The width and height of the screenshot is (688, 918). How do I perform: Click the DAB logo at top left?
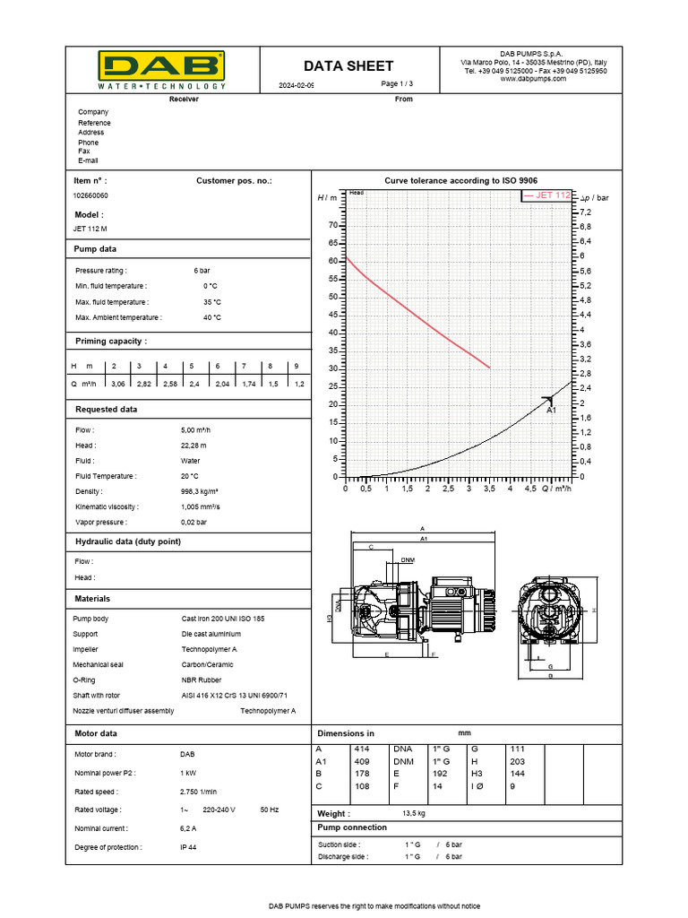point(161,68)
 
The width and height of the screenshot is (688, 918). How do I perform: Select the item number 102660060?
point(90,195)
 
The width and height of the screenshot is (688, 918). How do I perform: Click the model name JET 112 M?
point(90,229)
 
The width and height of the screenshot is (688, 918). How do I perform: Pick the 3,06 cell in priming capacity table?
point(117,383)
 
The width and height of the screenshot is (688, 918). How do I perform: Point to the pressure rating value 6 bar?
point(202,270)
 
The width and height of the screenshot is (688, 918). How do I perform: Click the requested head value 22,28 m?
point(193,446)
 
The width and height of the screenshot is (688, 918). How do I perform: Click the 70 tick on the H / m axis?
point(332,225)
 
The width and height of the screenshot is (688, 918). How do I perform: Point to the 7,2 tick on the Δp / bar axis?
point(586,212)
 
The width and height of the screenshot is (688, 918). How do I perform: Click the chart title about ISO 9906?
point(460,180)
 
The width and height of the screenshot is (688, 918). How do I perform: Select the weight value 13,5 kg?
point(413,813)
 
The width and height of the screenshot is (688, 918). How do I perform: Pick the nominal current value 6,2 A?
point(188,828)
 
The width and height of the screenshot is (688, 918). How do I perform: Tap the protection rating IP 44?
point(188,847)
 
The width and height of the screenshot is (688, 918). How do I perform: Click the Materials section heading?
point(92,598)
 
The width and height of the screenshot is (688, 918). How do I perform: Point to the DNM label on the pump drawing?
point(408,560)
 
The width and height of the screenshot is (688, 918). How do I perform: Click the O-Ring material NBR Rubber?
point(202,680)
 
